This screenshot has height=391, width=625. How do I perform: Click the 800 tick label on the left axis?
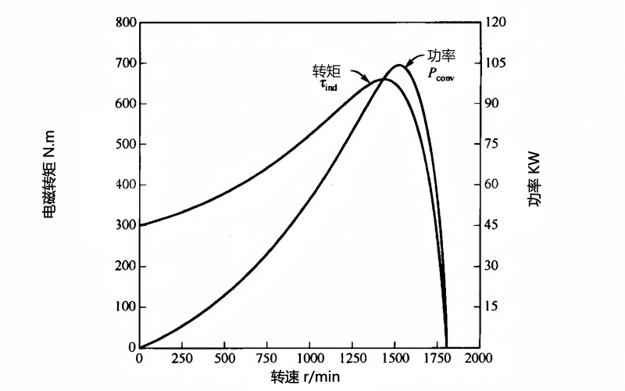(x=125, y=22)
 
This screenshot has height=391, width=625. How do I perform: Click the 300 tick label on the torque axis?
(x=125, y=225)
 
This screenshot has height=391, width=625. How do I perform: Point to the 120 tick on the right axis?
(x=496, y=22)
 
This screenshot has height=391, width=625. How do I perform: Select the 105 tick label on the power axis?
(x=496, y=63)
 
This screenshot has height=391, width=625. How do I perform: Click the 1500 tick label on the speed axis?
(x=394, y=357)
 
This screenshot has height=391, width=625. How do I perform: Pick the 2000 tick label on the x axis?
(x=478, y=357)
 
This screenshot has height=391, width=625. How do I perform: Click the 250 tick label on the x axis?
(x=182, y=357)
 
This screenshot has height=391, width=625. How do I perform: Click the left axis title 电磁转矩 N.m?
(x=48, y=185)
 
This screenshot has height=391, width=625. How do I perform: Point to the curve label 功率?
(x=441, y=56)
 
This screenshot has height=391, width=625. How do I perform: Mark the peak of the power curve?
(x=399, y=65)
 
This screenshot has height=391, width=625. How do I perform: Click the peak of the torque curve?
(x=382, y=79)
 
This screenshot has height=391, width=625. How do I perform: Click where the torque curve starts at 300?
(x=141, y=225)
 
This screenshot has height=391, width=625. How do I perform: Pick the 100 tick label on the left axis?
(x=125, y=307)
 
